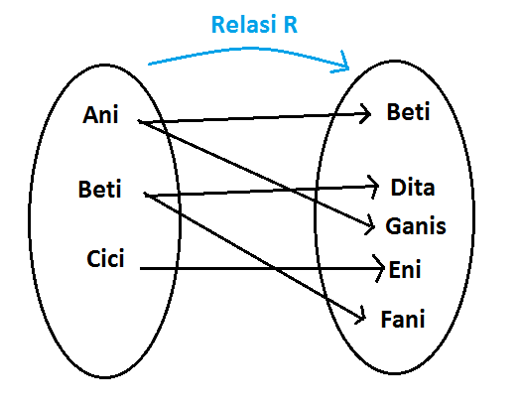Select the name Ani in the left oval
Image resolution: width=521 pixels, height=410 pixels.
click(100, 115)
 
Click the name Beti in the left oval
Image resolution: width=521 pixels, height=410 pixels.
click(99, 189)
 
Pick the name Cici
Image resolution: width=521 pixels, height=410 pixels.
click(104, 260)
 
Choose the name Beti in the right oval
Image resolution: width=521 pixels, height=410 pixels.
click(407, 112)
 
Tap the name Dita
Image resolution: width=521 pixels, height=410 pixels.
click(412, 187)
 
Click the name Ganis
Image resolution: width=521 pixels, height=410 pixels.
click(416, 227)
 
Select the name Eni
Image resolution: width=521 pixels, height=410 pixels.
click(406, 268)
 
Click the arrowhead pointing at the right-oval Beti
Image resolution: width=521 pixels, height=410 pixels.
click(368, 113)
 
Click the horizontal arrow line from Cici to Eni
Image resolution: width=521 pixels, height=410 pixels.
click(258, 268)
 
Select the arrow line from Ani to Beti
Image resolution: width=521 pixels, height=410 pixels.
click(253, 118)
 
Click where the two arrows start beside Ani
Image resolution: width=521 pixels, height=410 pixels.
click(140, 122)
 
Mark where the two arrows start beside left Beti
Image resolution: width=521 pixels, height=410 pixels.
click(146, 195)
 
